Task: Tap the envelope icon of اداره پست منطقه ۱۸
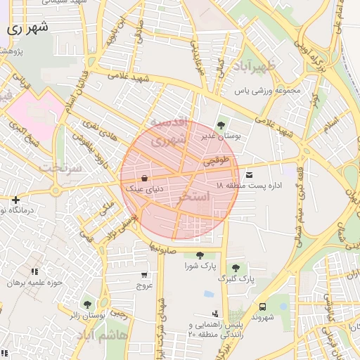pos(250,174)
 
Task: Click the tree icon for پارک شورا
pos(200,255)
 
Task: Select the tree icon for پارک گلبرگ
pos(235,268)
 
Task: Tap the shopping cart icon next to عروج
pos(144,275)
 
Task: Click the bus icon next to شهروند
pos(262,307)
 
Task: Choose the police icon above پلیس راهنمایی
pos(214,314)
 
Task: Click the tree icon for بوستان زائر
pos(86,304)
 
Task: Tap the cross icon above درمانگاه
pos(15,200)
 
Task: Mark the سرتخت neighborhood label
pos(59,167)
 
